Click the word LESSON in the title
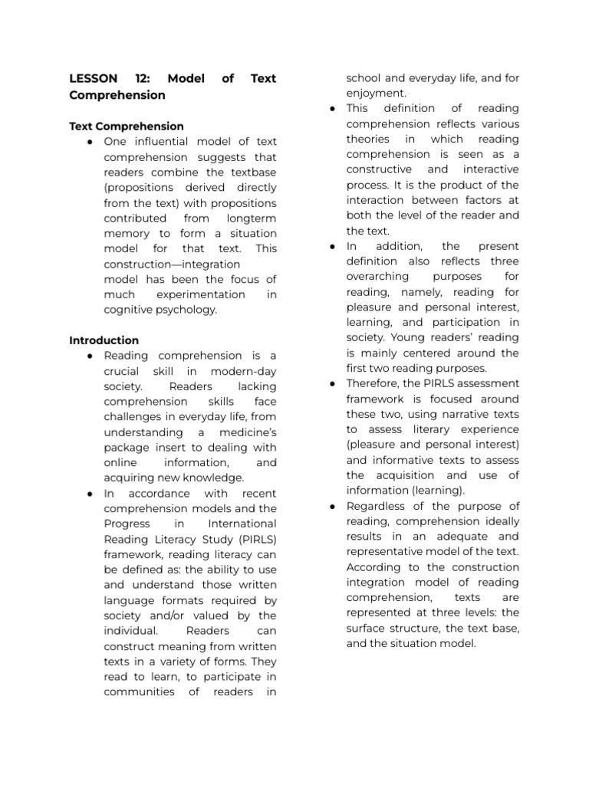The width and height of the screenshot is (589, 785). click(94, 79)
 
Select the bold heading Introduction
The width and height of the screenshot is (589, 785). click(104, 340)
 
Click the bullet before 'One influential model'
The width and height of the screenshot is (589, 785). click(90, 142)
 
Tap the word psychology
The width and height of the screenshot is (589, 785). click(186, 310)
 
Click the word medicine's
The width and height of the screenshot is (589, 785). click(242, 432)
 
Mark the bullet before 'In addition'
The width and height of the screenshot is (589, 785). click(333, 246)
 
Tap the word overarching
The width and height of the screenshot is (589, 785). click(379, 277)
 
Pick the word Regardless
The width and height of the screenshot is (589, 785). click(377, 506)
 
